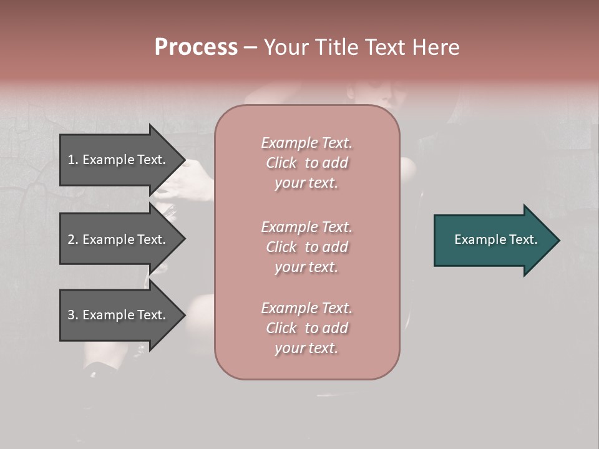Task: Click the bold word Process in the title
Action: coord(196,47)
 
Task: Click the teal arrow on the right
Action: coord(493,240)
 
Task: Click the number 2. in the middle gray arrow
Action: coord(73,239)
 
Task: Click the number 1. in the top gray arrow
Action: coord(73,160)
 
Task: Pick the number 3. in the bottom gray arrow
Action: coord(73,315)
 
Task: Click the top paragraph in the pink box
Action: coord(306,163)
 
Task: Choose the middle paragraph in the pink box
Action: coord(306,247)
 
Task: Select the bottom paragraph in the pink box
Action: coord(306,328)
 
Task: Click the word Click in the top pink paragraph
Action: coord(281,163)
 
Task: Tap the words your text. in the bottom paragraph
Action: coord(306,349)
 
